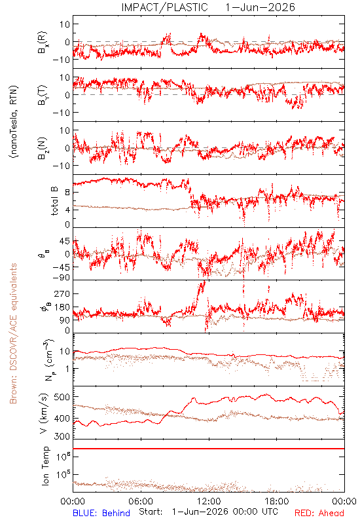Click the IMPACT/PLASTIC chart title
165,7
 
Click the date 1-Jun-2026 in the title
260,7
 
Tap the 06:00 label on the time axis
141,501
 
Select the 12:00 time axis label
209,501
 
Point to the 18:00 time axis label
277,501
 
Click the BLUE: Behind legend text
101,513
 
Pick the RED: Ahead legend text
319,513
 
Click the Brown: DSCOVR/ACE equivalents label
13,333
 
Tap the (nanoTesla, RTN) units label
14,122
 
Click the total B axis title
54,201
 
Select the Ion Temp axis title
45,466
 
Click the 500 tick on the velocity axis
62,397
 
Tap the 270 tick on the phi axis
62,293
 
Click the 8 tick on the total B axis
67,193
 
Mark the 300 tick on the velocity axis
62,436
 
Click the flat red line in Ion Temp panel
209,449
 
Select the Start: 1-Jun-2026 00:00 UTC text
208,512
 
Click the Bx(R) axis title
43,43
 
